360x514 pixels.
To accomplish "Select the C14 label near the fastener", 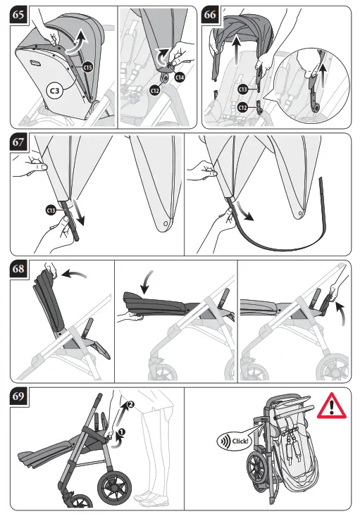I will [179, 77].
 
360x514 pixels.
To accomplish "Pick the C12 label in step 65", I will [155, 90].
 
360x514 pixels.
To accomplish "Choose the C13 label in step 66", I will [242, 89].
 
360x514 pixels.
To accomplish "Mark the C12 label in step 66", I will [242, 107].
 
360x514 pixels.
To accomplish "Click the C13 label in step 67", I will [51, 210].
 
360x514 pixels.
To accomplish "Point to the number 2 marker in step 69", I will [129, 405].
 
